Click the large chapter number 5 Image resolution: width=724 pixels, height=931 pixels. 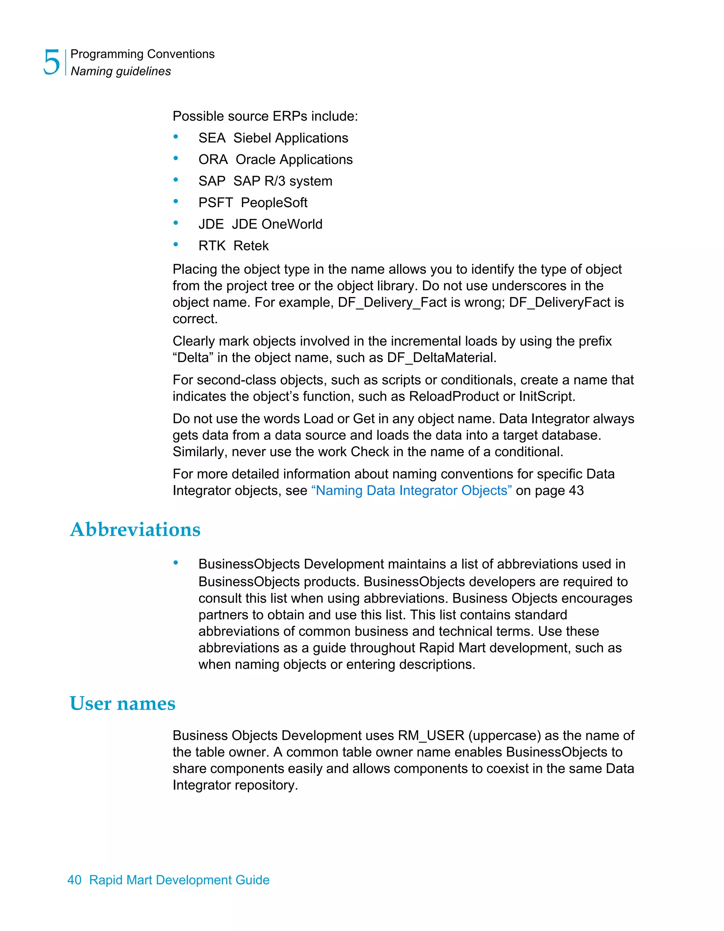(52, 62)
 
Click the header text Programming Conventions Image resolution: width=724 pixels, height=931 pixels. (142, 54)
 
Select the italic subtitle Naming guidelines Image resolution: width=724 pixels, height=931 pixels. (121, 71)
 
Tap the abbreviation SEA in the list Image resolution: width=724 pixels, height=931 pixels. (212, 138)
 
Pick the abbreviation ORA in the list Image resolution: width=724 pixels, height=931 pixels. (213, 159)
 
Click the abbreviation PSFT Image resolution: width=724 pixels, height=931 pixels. (216, 203)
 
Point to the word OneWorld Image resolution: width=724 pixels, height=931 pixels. (292, 224)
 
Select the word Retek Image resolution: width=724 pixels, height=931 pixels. (251, 246)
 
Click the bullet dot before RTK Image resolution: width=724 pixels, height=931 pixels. (176, 244)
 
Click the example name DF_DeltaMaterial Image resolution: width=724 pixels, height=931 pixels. (441, 357)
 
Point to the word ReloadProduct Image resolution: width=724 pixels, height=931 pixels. (454, 396)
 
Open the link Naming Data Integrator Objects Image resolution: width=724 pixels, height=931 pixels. (411, 491)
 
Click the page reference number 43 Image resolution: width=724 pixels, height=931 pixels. (576, 491)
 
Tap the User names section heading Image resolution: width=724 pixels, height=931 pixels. (122, 703)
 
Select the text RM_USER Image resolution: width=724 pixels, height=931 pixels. (431, 735)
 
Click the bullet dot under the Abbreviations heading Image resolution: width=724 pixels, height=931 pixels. (176, 563)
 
